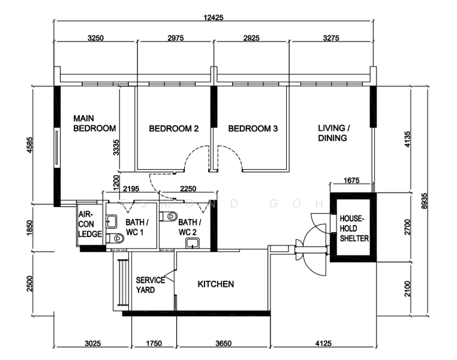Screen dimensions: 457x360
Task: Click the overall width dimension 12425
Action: [214, 17]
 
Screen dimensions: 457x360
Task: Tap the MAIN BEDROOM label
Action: [94, 124]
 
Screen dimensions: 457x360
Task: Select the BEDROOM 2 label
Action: [174, 128]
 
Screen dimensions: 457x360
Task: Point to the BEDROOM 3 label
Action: [252, 128]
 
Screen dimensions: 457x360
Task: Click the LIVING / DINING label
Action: [334, 133]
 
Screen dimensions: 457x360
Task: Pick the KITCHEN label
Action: [216, 284]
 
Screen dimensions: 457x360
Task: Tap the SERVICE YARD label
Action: [151, 285]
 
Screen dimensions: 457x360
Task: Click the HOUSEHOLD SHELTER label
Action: [354, 229]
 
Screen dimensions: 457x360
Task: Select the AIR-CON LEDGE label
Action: [90, 224]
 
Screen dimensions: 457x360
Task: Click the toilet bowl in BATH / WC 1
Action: [115, 238]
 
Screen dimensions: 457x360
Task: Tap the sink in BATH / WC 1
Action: [112, 221]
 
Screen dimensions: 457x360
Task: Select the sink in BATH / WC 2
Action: [193, 243]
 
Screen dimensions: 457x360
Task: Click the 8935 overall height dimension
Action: [425, 201]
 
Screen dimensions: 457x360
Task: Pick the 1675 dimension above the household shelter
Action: [351, 181]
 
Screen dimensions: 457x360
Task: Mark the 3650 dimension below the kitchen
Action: [224, 343]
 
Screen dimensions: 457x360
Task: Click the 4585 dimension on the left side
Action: [30, 145]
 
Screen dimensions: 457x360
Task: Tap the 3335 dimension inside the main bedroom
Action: [116, 148]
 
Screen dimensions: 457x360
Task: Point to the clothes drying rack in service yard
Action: [122, 283]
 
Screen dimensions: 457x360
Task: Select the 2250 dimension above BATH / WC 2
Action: [188, 189]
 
